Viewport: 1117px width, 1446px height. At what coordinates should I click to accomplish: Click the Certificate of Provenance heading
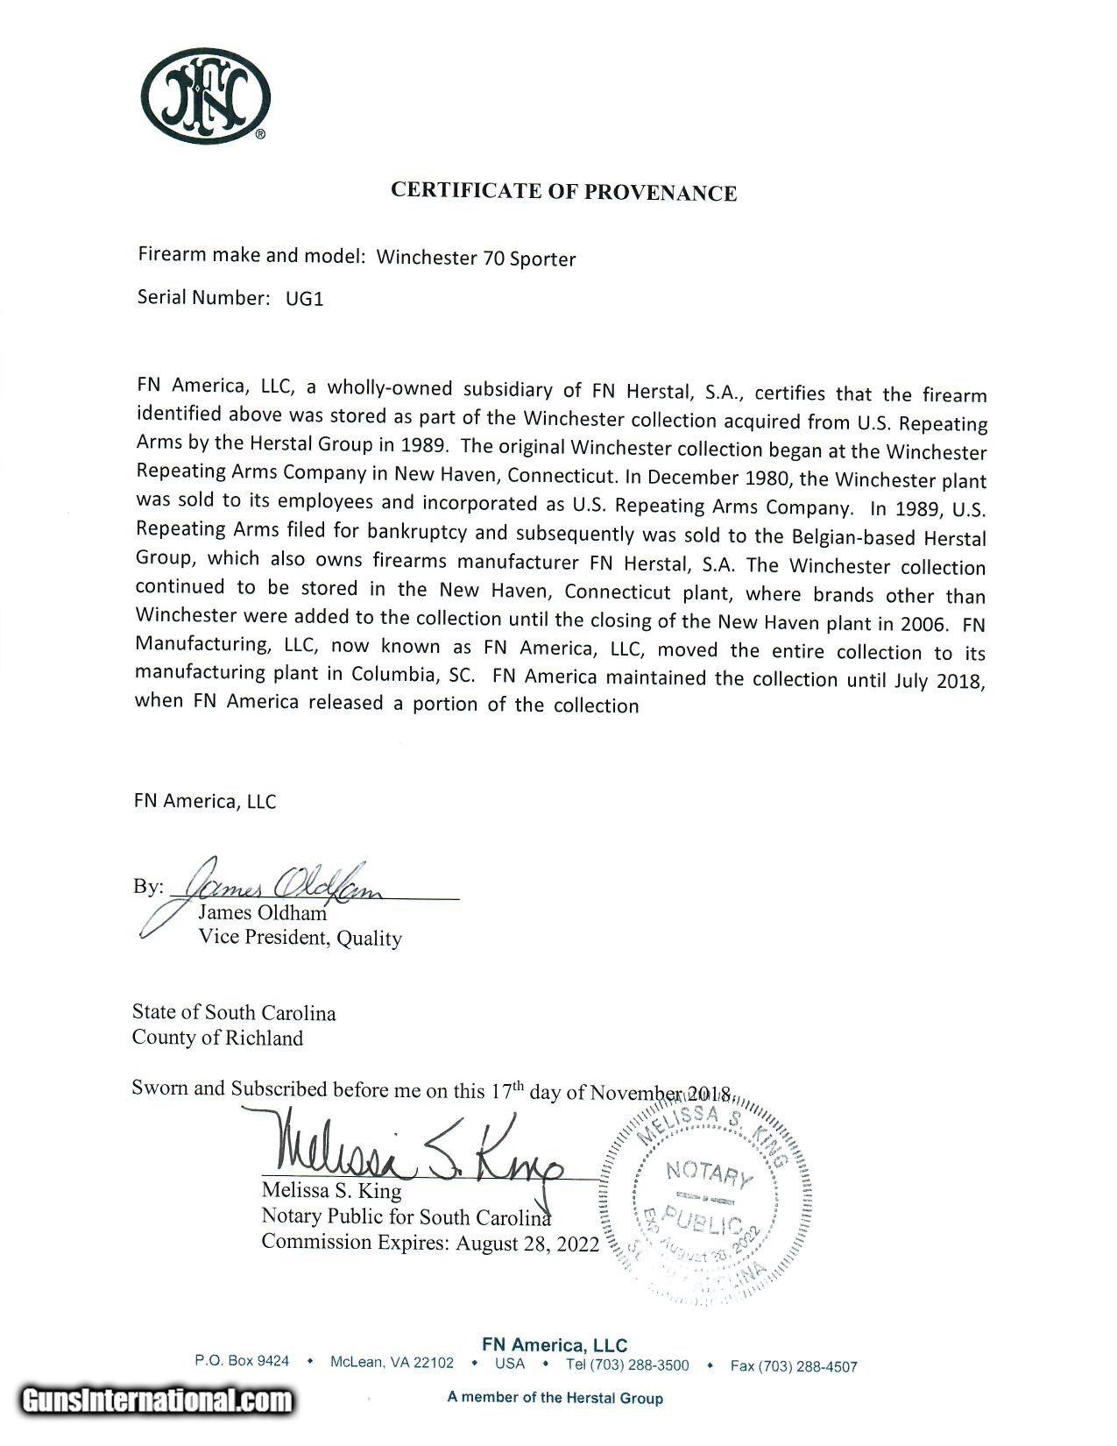pos(563,191)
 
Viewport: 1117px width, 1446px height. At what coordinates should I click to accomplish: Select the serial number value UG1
pos(304,299)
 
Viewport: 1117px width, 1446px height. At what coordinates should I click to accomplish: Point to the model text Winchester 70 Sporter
pos(476,259)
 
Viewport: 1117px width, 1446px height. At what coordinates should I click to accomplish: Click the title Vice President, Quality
pos(300,938)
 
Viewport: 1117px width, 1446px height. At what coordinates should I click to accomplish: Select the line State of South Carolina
pos(234,1012)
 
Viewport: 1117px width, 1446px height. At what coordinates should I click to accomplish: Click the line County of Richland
pos(217,1038)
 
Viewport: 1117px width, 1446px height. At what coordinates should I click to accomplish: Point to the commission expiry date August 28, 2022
pos(527,1243)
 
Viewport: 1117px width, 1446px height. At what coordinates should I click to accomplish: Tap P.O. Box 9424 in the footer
pos(242,1361)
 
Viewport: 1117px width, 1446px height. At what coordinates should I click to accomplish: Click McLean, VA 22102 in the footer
pos(392,1363)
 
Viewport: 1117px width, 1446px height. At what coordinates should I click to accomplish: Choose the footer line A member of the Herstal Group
pos(555,1398)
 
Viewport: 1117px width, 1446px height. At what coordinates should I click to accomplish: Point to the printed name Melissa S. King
pos(331,1191)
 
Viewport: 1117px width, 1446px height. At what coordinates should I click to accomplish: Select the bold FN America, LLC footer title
pos(555,1345)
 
